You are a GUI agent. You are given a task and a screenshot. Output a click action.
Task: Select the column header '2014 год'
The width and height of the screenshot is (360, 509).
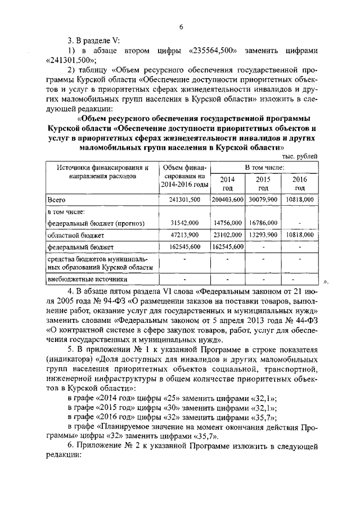(x=228, y=183)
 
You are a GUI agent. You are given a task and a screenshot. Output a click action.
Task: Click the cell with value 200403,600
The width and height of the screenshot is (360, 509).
(x=228, y=200)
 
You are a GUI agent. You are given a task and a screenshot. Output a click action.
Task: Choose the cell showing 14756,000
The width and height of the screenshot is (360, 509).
(x=228, y=223)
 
